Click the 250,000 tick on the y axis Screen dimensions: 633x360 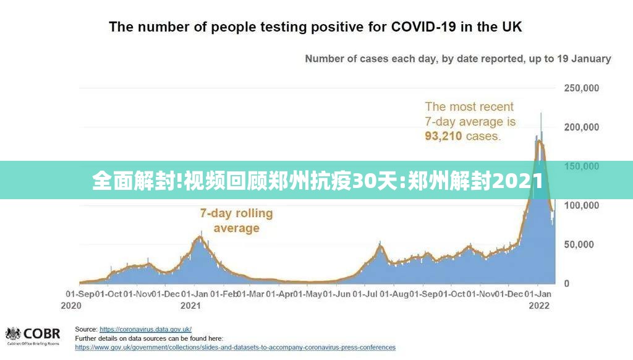(x=581, y=88)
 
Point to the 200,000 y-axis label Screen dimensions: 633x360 (x=581, y=127)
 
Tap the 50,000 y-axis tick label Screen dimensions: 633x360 (x=579, y=244)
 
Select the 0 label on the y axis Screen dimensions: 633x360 (x=567, y=284)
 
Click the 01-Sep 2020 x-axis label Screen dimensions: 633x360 (x=80, y=299)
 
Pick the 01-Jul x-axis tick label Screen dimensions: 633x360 (x=365, y=294)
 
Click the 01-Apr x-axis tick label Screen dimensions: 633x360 (x=279, y=294)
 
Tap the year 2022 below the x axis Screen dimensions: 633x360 (x=539, y=306)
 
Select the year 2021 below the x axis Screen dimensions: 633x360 (x=190, y=306)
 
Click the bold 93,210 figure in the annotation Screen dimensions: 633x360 (x=443, y=136)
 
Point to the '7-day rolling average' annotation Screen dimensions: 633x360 (x=237, y=221)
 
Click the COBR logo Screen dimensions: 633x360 (x=33, y=336)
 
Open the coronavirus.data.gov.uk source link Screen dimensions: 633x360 (x=145, y=329)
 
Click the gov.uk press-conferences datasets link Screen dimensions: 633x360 (x=236, y=348)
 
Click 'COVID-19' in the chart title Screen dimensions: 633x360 (x=424, y=27)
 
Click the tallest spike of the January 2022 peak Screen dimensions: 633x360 (x=541, y=114)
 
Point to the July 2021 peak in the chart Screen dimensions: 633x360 (x=380, y=245)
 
